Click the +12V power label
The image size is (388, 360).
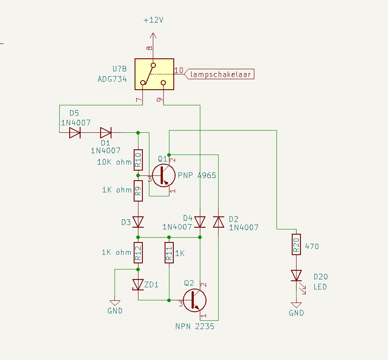tap(153, 20)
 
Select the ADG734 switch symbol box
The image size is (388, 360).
tap(155, 74)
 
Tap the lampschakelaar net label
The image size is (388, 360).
tap(219, 74)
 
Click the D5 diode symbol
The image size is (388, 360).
tap(75, 133)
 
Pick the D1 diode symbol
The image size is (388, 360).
tap(106, 133)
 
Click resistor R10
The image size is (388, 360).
tap(138, 160)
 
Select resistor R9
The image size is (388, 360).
tap(138, 191)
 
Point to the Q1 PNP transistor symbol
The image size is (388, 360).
tap(164, 175)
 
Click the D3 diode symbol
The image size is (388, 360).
tap(138, 222)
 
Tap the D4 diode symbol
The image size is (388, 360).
tap(200, 222)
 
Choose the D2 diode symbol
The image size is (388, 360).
tap(219, 222)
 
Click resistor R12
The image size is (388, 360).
tap(138, 252)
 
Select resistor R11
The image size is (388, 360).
tap(169, 252)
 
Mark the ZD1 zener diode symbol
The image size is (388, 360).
tap(138, 285)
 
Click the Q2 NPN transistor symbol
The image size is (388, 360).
tap(195, 300)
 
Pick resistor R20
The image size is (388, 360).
tap(296, 245)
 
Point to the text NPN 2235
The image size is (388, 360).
tap(195, 326)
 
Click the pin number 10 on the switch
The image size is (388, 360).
tap(179, 70)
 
